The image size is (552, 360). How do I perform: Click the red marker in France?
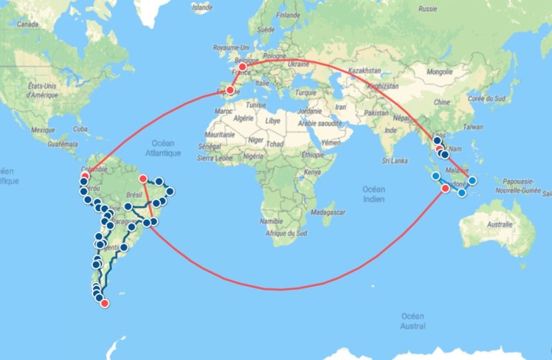click(x=242, y=67)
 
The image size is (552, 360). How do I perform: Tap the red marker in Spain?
click(x=230, y=91)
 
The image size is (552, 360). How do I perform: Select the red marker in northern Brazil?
click(x=142, y=178)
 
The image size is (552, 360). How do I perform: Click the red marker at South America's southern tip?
click(x=104, y=302)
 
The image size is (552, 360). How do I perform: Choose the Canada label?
click(x=27, y=24)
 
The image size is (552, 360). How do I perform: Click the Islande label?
click(x=201, y=9)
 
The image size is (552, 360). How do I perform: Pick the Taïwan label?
click(x=473, y=127)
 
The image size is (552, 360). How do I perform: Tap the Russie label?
click(x=428, y=10)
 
